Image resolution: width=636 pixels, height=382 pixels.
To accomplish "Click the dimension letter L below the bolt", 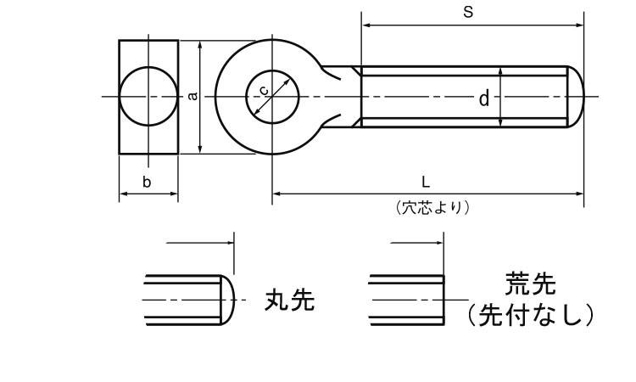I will coord(426,182).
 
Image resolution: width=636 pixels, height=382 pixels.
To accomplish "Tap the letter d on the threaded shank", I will coord(484,99).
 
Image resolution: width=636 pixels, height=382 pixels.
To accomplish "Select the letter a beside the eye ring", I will coord(193,96).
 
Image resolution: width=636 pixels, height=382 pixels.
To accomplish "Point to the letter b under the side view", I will coord(147,182).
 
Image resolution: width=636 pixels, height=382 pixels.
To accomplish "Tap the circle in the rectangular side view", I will coord(148,96).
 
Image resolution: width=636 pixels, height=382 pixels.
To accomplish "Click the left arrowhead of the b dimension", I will coord(122,194).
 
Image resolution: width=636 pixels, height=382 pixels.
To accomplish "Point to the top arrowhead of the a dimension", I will coord(201,43).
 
